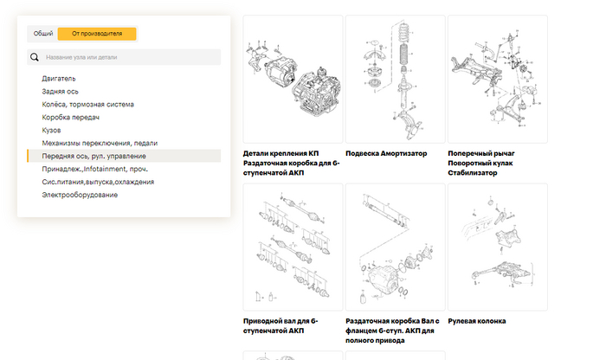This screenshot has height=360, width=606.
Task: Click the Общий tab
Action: click(43, 34)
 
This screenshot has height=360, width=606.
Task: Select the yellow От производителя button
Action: click(97, 34)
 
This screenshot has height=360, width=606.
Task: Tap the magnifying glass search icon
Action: click(35, 57)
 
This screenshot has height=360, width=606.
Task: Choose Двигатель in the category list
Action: click(59, 79)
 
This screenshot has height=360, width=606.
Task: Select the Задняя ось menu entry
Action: click(60, 92)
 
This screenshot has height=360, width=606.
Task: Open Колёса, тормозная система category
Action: click(87, 105)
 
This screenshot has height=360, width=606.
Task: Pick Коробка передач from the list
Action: click(70, 118)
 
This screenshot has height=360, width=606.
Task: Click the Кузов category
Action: click(51, 130)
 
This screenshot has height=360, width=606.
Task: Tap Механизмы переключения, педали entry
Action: click(100, 143)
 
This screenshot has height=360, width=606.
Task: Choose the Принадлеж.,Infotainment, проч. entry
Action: click(94, 169)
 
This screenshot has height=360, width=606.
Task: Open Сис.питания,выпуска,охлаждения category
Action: click(98, 182)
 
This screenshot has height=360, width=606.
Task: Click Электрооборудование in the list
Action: click(80, 195)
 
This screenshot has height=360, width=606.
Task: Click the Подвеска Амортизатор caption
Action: click(386, 153)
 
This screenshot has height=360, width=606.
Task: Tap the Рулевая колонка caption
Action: click(476, 321)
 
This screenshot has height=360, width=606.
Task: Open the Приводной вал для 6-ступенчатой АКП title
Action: click(280, 325)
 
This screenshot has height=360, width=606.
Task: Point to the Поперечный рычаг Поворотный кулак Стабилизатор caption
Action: click(481, 163)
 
